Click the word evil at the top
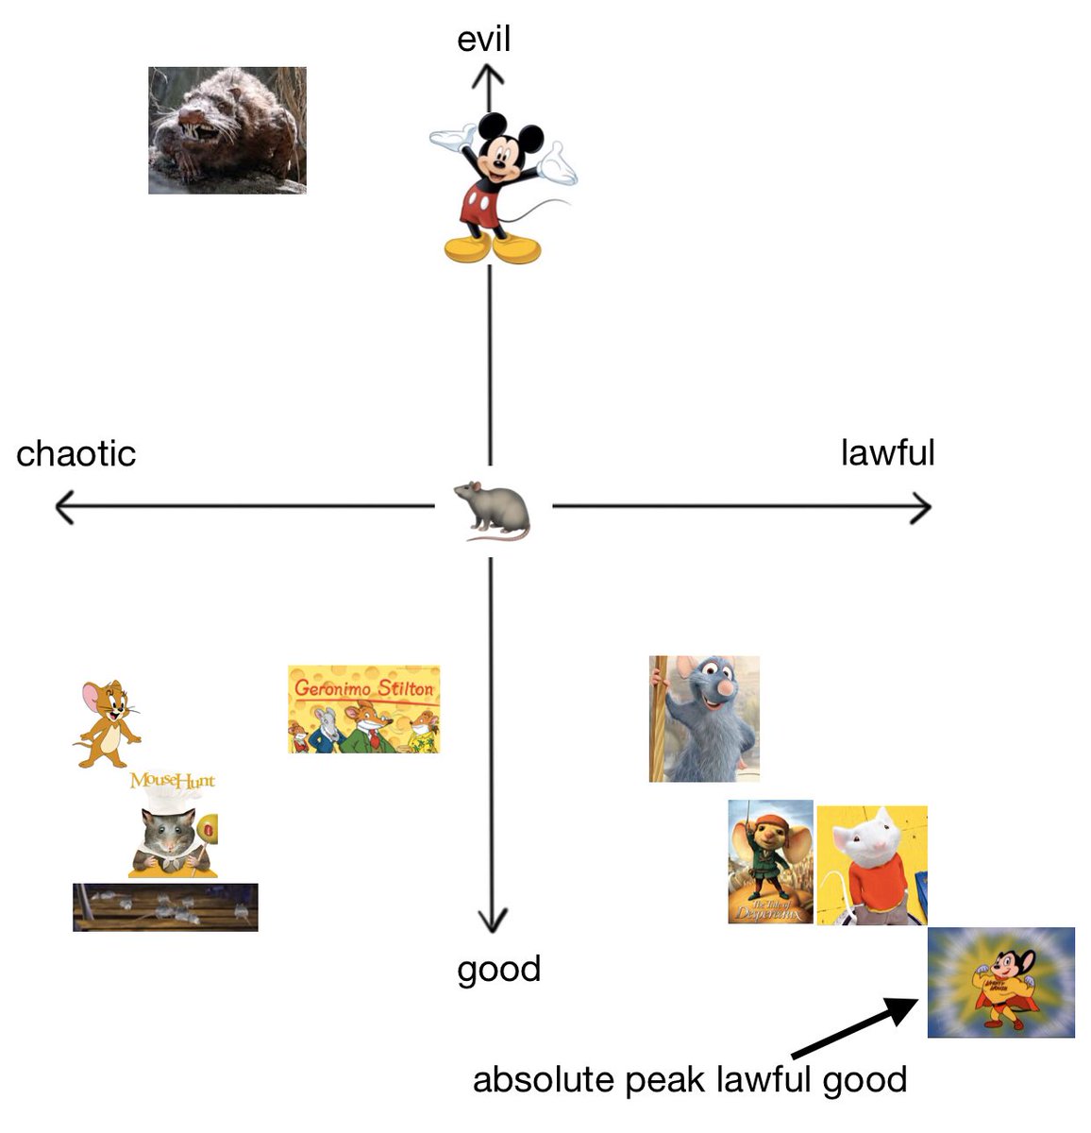483,40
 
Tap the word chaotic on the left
76,454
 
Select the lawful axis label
887,452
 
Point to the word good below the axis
498,969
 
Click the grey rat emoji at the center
492,510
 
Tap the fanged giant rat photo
227,130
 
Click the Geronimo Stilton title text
363,687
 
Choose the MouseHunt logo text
172,781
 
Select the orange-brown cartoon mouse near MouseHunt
107,722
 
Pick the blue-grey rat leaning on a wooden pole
704,719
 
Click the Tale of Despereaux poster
770,861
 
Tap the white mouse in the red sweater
871,864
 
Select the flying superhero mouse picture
1000,982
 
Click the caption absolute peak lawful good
689,1079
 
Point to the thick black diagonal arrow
854,1028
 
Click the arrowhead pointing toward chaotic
64,508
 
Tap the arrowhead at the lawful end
922,508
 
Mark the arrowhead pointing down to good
491,921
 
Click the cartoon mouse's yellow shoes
492,248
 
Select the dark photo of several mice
165,907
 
